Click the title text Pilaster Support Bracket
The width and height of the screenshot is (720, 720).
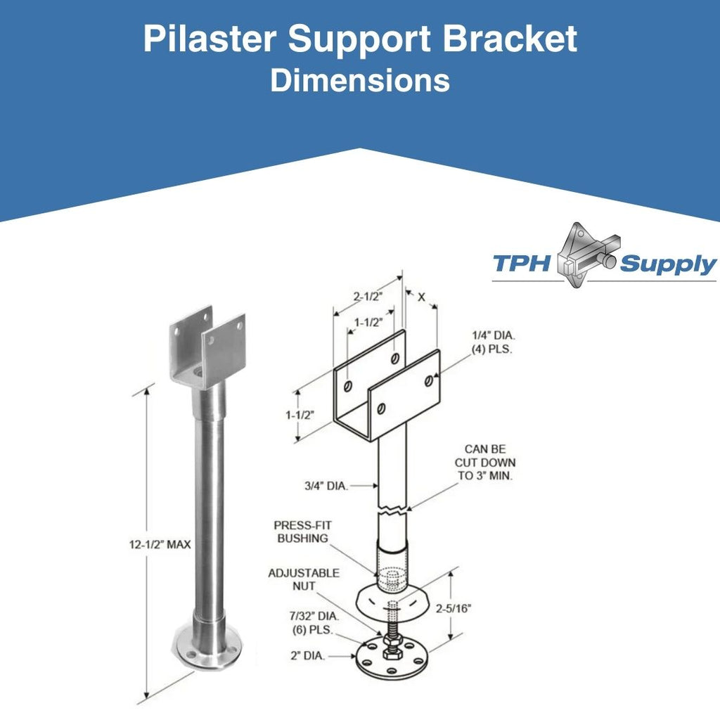[360, 39]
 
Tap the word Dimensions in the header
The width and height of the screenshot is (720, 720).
[360, 80]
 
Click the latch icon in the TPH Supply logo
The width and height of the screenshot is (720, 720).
[588, 255]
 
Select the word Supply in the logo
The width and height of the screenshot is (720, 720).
[668, 265]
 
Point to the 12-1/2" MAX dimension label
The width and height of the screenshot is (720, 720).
[160, 545]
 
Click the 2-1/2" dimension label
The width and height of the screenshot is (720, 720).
[367, 297]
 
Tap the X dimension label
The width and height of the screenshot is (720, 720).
[422, 297]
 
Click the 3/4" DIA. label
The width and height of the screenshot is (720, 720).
[326, 485]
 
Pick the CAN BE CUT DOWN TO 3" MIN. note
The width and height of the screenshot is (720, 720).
[485, 463]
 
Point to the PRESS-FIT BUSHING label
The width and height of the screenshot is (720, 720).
[302, 532]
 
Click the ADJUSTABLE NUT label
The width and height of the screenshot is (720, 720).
[304, 579]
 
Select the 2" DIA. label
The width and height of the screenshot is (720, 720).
[307, 656]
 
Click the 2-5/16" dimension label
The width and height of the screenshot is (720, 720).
[454, 608]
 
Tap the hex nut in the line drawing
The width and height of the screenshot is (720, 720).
[392, 640]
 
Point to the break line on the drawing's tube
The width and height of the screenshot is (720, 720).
[392, 509]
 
